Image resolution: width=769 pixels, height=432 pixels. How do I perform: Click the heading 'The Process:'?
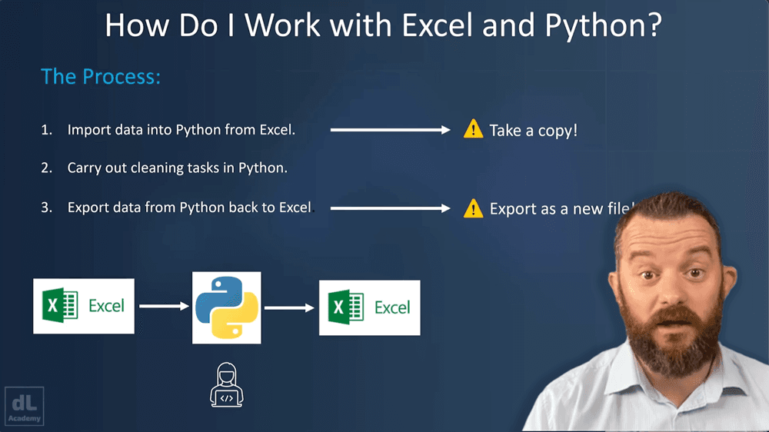pos(101,77)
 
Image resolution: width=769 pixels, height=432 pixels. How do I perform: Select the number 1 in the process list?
pos(45,131)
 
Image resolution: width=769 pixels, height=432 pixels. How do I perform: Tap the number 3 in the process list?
pos(45,208)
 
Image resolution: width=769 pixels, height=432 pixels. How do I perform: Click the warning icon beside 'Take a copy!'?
pos(473,129)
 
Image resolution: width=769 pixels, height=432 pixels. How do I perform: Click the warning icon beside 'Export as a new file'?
pos(473,208)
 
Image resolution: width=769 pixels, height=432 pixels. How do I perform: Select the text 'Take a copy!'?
pos(533,130)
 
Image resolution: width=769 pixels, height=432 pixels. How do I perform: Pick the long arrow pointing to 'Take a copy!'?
pos(390,130)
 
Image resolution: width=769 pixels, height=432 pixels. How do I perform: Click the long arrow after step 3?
pos(390,208)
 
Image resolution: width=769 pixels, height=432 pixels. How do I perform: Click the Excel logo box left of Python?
pos(84,306)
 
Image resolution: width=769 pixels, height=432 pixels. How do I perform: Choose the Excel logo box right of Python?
pos(370,307)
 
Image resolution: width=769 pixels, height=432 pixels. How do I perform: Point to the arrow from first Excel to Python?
pos(164,306)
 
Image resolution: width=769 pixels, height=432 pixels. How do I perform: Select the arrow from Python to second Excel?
pos(290,307)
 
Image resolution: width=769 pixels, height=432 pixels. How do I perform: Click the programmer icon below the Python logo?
pos(226,387)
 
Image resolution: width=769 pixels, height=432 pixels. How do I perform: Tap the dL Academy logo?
pos(25,405)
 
